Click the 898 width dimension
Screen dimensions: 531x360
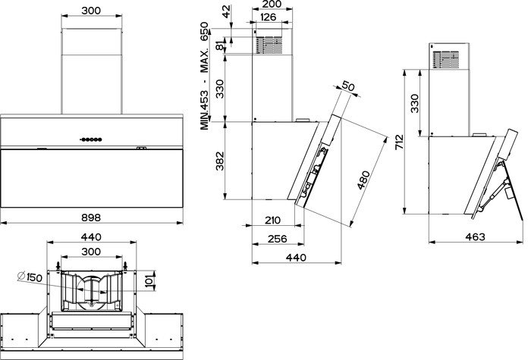point(91,218)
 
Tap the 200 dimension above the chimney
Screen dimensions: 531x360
point(272,4)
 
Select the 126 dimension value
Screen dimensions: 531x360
point(269,17)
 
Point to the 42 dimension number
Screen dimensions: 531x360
point(226,11)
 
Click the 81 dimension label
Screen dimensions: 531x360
point(220,45)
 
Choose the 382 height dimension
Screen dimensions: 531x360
point(220,161)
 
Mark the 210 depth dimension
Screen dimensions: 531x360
point(272,221)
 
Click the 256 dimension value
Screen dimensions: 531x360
point(278,239)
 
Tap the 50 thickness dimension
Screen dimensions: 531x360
point(348,86)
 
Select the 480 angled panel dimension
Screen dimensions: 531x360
point(363,180)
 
